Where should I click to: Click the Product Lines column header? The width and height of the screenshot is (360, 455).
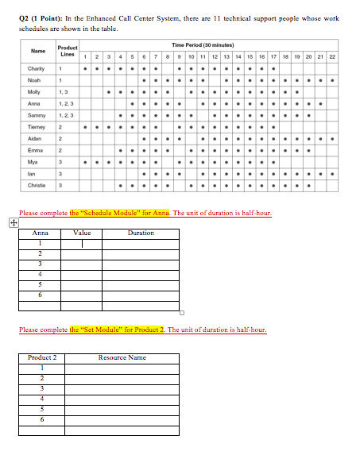[x=68, y=52]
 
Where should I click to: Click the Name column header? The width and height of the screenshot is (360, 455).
[x=37, y=52]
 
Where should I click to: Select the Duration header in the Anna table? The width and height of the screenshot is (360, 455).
[x=141, y=233]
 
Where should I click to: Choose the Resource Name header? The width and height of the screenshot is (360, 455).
[x=122, y=357]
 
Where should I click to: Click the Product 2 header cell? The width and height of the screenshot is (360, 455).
[x=41, y=357]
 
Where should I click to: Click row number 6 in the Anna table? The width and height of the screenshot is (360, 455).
[x=40, y=295]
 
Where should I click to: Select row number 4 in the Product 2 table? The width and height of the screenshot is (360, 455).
[x=41, y=399]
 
